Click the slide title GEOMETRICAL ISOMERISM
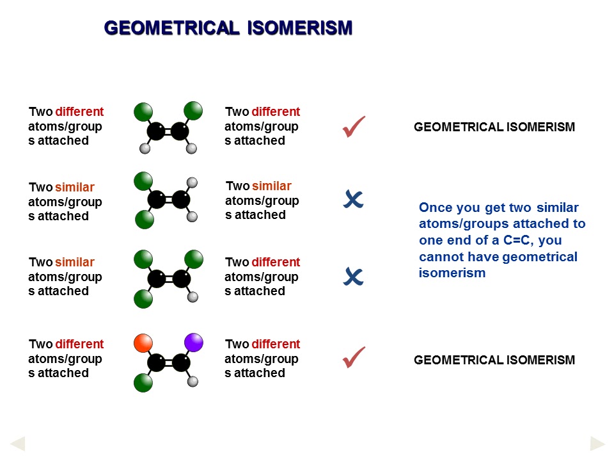(x=228, y=28)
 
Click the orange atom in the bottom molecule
(x=144, y=343)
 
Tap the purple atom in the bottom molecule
(x=193, y=343)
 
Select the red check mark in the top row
(x=353, y=127)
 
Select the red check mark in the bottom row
(x=353, y=357)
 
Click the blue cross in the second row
(x=353, y=200)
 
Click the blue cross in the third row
(x=353, y=277)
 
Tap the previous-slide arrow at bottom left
(x=18, y=443)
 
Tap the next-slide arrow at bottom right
(x=597, y=443)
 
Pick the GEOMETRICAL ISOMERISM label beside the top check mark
(x=494, y=127)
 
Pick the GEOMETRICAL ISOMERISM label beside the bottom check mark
(x=494, y=360)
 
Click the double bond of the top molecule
(x=168, y=132)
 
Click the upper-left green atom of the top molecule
(x=143, y=111)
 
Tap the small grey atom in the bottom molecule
(x=193, y=382)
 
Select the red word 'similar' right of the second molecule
(x=271, y=186)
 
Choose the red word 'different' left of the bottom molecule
(x=79, y=344)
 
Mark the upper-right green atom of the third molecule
(x=194, y=259)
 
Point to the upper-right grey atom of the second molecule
(x=192, y=182)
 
